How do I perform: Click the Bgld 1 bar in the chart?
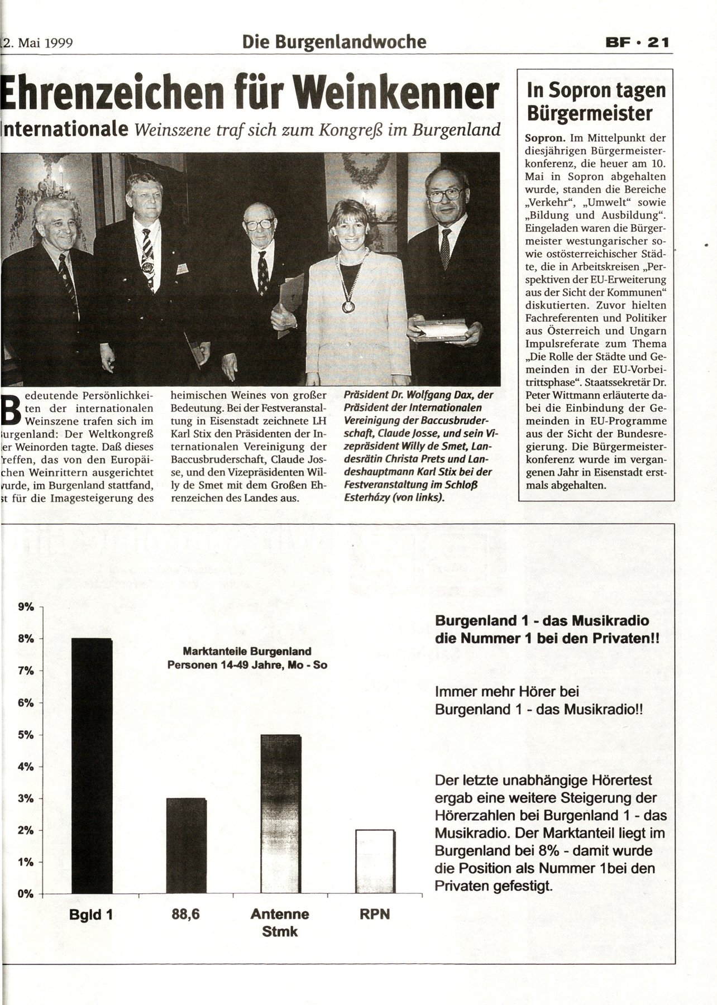92,765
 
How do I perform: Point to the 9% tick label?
26,606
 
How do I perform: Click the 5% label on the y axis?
26,735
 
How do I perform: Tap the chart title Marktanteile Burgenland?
247,651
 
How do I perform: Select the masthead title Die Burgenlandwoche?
334,41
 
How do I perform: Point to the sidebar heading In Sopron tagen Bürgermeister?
596,102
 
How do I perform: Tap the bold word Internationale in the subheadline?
64,130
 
